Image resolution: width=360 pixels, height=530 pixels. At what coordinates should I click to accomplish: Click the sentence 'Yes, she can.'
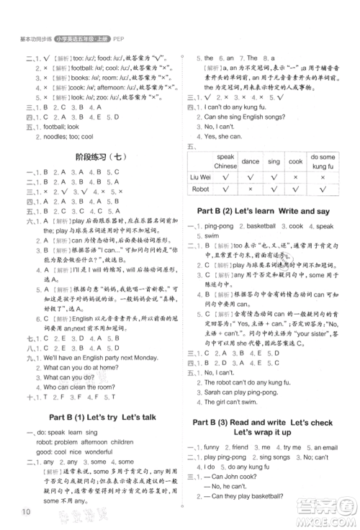tap(225, 135)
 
